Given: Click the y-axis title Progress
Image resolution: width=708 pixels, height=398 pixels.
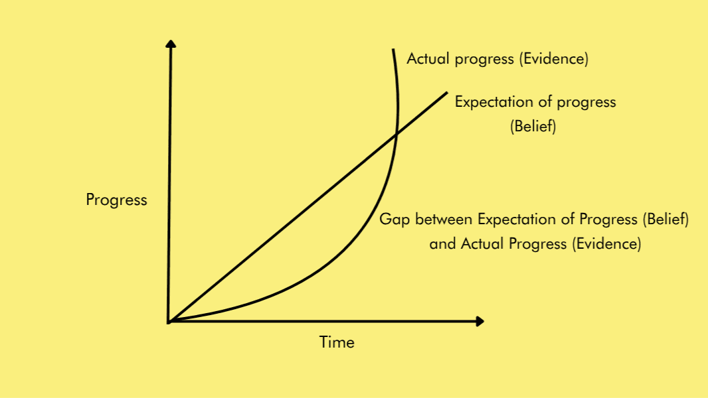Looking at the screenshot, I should (116, 200).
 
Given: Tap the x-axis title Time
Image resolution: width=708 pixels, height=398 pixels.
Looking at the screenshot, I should (337, 342).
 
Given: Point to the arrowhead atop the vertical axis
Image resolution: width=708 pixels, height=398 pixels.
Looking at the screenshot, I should (171, 44).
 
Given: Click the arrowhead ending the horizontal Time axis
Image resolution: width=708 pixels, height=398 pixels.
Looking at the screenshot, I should (480, 322).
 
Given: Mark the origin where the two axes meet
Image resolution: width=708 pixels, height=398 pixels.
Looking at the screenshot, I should (169, 322).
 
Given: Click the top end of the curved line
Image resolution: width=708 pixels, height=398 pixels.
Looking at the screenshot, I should (394, 50).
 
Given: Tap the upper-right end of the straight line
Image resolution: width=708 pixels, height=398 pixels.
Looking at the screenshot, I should (447, 92).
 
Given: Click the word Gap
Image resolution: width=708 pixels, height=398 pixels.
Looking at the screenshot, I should (393, 220).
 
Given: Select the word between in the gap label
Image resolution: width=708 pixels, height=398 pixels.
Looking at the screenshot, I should (442, 219).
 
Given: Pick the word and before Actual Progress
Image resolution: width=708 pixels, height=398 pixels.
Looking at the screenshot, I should (442, 243).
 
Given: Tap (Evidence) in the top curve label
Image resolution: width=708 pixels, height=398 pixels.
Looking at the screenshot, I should (553, 58).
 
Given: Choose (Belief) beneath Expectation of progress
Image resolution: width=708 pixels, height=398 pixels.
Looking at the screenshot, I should (533, 127).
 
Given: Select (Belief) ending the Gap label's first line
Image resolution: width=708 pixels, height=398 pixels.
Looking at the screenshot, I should (665, 219).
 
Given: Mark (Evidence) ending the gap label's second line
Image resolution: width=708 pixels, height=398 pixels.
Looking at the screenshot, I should (606, 243).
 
